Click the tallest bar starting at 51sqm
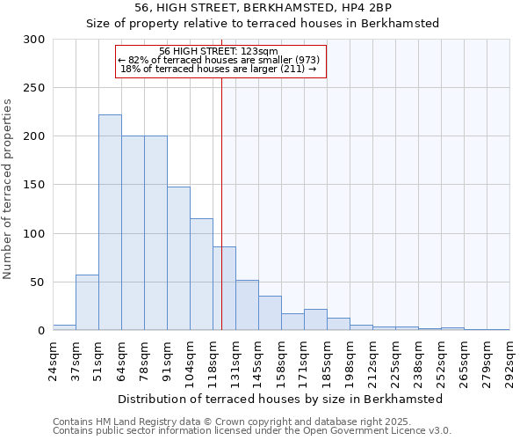click(x=110, y=223)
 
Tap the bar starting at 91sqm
click(x=178, y=259)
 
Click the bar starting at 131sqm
click(x=247, y=305)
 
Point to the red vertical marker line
click(x=221, y=194)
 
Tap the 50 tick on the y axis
click(x=38, y=282)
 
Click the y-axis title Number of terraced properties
click(x=8, y=189)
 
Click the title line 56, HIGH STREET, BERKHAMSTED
click(x=263, y=8)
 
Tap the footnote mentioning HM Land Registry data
click(x=251, y=422)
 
